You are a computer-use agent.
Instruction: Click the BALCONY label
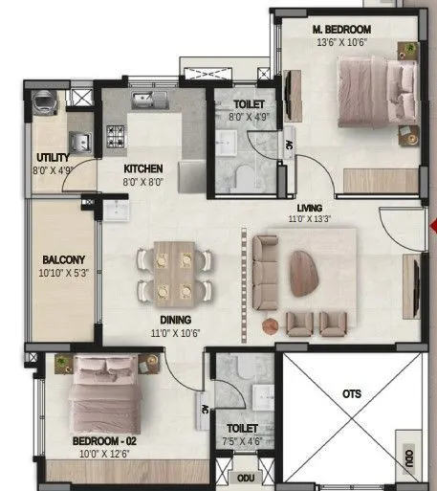[x=63, y=259]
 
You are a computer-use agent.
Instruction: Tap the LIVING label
[x=309, y=207]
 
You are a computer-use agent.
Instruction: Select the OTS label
[x=350, y=391]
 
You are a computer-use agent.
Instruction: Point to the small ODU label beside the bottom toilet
[x=246, y=477]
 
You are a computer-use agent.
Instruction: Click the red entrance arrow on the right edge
[x=433, y=228]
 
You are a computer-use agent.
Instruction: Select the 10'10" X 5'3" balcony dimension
[x=63, y=273]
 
